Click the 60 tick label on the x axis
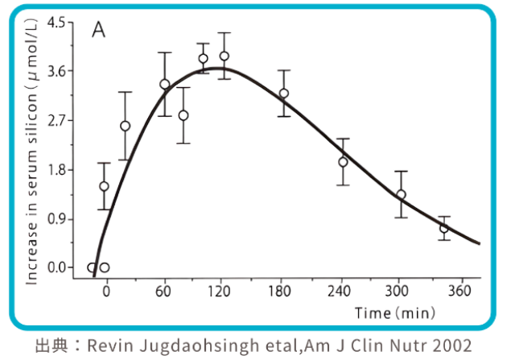(165, 292)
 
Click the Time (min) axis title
(395, 311)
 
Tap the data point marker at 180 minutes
(283, 93)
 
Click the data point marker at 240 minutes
(343, 162)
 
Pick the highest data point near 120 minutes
(224, 56)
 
